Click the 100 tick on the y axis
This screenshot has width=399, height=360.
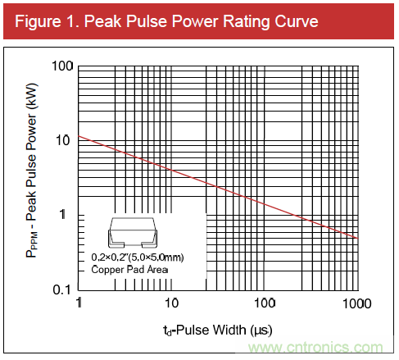[x=62, y=66]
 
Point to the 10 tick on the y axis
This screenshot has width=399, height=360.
[x=66, y=140]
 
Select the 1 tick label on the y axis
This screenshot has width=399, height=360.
[x=70, y=215]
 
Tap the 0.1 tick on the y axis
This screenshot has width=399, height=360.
[x=63, y=289]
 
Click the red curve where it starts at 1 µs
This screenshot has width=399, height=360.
[x=79, y=137]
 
